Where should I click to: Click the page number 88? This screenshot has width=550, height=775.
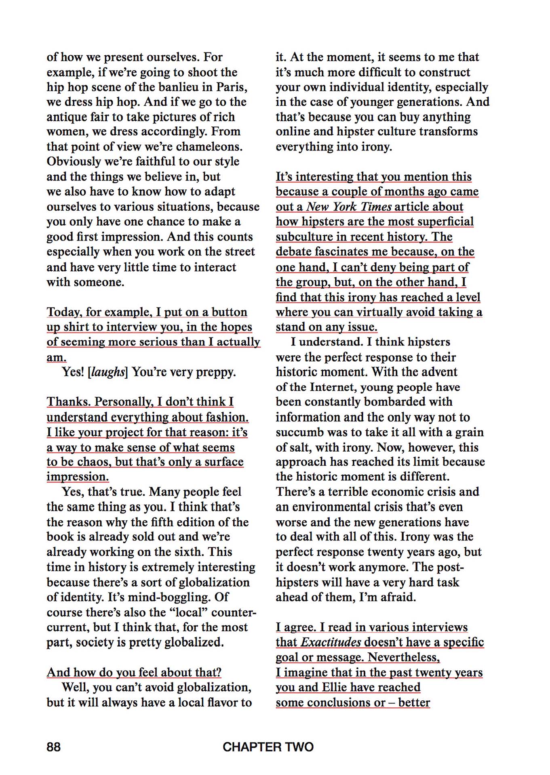(x=53, y=747)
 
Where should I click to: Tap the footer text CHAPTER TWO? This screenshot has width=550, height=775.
(x=268, y=747)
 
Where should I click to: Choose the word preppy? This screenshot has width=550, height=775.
(x=215, y=372)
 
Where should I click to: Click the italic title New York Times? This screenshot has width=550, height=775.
(x=349, y=207)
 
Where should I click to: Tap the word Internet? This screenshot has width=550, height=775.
(x=333, y=387)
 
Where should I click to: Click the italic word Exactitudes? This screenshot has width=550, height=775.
(x=331, y=642)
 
